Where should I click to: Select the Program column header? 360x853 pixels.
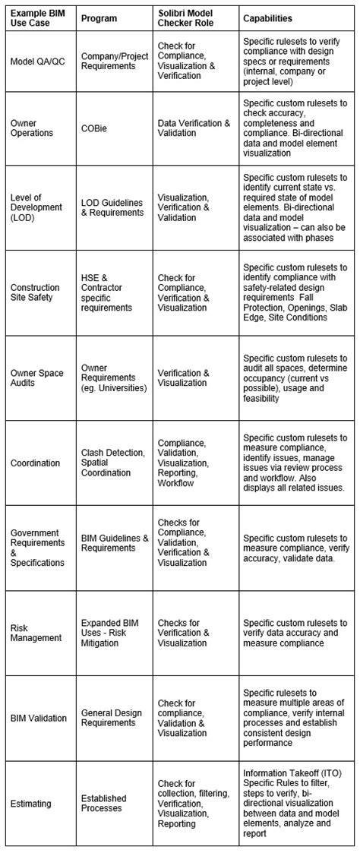99,17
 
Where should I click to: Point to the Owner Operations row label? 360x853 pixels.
32,128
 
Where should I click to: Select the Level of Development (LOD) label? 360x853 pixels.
34,207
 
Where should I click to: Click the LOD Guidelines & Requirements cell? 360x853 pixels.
112,207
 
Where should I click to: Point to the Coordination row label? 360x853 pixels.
35,463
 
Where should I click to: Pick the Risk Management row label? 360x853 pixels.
36,633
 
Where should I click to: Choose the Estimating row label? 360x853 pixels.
31,803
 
